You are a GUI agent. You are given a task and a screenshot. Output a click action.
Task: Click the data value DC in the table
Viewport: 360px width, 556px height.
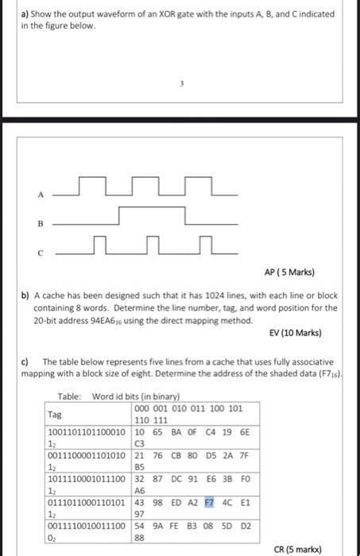[x=173, y=480]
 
